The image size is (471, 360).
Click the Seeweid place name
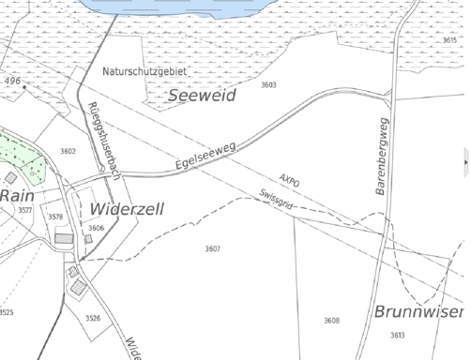click(203, 96)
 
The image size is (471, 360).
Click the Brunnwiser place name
click(418, 311)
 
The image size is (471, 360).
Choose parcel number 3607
click(212, 248)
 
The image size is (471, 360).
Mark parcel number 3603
click(268, 85)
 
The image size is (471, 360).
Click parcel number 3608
click(331, 322)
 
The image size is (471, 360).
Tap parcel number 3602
click(68, 151)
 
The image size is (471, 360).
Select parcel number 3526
click(93, 319)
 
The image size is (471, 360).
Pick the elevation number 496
click(12, 82)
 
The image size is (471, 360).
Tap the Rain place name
click(16, 195)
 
